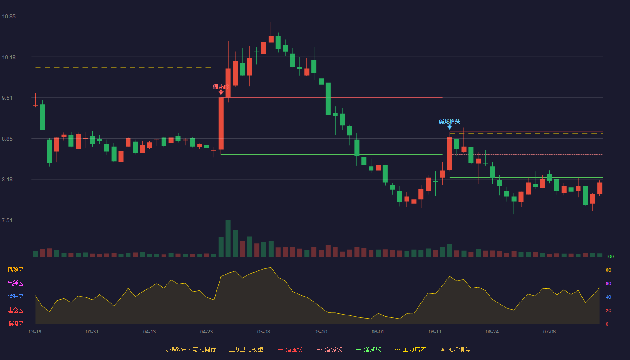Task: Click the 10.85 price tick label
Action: coord(9,17)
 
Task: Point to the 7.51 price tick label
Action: coord(7,220)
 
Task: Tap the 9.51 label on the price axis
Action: coord(7,98)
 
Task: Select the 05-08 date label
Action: coord(264,332)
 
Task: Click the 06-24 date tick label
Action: coord(492,332)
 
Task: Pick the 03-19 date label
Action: coord(35,332)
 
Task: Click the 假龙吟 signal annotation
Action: coord(221,86)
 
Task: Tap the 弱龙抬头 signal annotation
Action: coord(450,121)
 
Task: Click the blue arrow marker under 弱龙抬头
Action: coord(450,127)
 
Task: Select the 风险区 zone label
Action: coord(15,270)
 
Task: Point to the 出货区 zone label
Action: coord(15,283)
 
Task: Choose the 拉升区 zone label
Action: coord(15,297)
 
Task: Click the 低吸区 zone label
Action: coord(15,324)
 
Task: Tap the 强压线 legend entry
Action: coord(290,349)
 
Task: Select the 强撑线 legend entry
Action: coord(369,349)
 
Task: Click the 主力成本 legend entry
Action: coord(410,349)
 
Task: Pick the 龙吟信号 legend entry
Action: coord(455,349)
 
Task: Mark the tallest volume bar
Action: coord(228,238)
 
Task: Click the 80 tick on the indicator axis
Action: coord(608,270)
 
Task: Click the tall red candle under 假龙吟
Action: coord(221,123)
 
